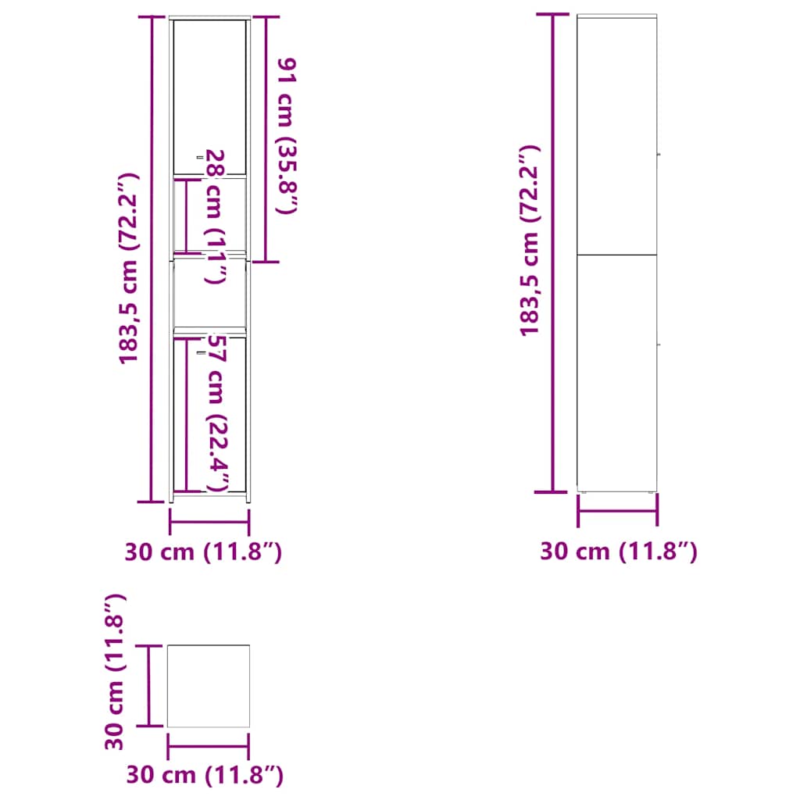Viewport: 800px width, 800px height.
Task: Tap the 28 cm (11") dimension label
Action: click(x=216, y=216)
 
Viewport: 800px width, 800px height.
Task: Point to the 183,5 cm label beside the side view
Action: click(x=530, y=240)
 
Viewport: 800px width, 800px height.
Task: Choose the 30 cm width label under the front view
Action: click(x=203, y=552)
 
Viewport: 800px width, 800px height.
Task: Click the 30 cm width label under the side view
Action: click(x=619, y=552)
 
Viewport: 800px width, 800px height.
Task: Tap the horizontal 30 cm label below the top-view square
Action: click(x=205, y=777)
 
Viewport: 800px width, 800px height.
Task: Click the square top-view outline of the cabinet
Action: click(x=209, y=686)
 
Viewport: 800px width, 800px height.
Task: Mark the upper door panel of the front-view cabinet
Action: click(x=209, y=94)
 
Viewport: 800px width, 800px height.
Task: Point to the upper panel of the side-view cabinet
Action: click(x=617, y=133)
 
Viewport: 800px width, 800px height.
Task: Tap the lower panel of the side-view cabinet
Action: click(x=617, y=371)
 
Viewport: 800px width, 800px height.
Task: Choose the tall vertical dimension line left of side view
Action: click(x=553, y=254)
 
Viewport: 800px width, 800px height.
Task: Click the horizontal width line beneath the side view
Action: click(x=617, y=511)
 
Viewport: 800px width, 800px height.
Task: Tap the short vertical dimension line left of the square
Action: click(x=148, y=686)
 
